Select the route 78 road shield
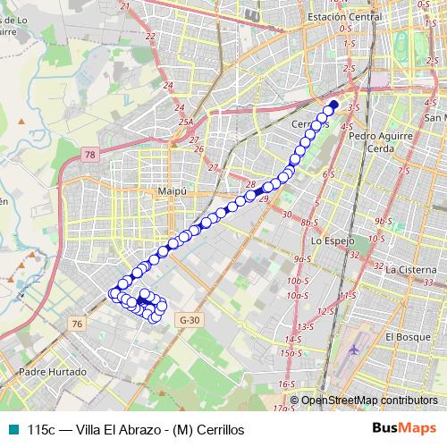point(89,156)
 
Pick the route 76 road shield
point(79,323)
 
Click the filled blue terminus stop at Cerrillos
point(333,105)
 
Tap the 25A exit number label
point(185,122)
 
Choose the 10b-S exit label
point(297,281)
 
